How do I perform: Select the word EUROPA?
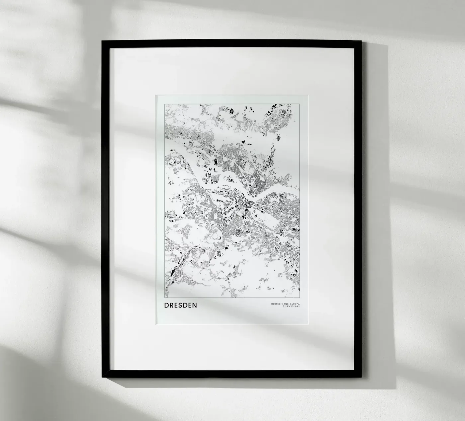[x=295, y=304]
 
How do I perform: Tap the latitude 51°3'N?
[x=286, y=307]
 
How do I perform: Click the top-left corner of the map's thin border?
[x=165, y=104]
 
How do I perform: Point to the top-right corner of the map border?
[x=300, y=104]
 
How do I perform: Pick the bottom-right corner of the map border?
[x=300, y=298]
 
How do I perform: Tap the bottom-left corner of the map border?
[x=165, y=298]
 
